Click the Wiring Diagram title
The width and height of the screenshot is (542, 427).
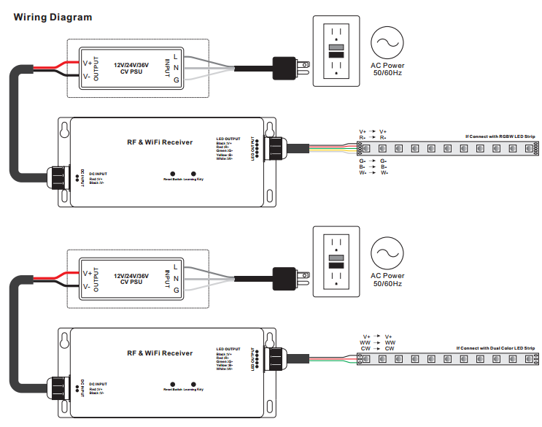click(53, 16)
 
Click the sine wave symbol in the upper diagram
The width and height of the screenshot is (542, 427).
click(387, 44)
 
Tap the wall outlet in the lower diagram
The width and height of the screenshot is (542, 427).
click(336, 261)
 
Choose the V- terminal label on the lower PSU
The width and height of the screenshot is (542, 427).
click(86, 286)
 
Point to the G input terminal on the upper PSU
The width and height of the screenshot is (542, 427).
click(176, 80)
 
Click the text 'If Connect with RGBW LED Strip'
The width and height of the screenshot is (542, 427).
click(500, 136)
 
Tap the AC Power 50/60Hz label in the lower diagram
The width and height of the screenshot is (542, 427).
click(387, 280)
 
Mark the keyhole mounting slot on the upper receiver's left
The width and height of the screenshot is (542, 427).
click(66, 130)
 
